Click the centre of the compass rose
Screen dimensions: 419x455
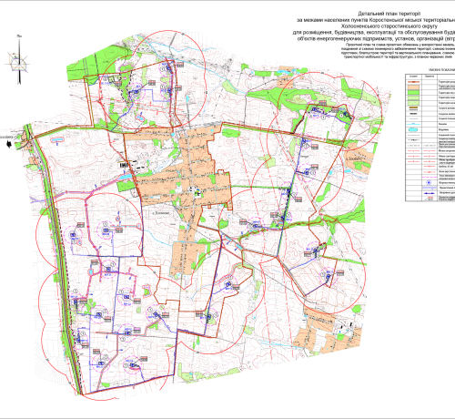click(x=17, y=58)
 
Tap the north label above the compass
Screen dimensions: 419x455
click(x=17, y=40)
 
